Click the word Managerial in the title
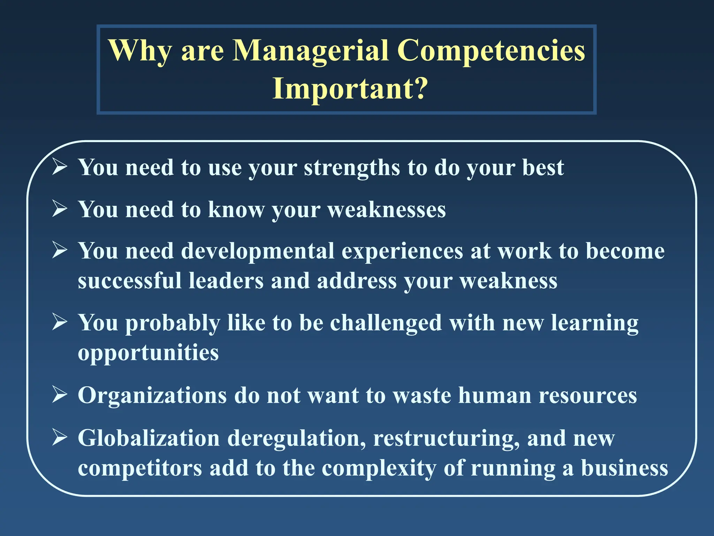310,51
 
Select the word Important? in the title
350,89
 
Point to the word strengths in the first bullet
351,168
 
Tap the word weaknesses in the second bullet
386,210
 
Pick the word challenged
386,323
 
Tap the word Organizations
152,396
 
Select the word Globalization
149,438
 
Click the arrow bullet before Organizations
60,395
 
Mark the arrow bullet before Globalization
60,438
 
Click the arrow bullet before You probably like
60,322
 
